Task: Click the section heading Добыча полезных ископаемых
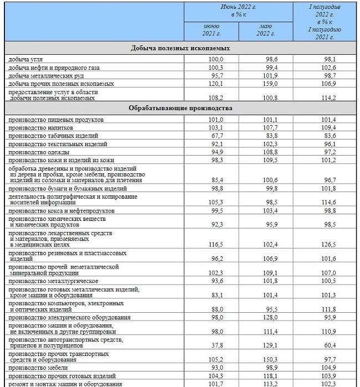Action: click(x=180, y=48)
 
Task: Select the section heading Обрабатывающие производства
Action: click(x=180, y=108)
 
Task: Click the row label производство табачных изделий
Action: click(x=53, y=136)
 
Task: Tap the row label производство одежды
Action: click(x=39, y=152)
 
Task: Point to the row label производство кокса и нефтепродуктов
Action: click(x=61, y=211)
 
